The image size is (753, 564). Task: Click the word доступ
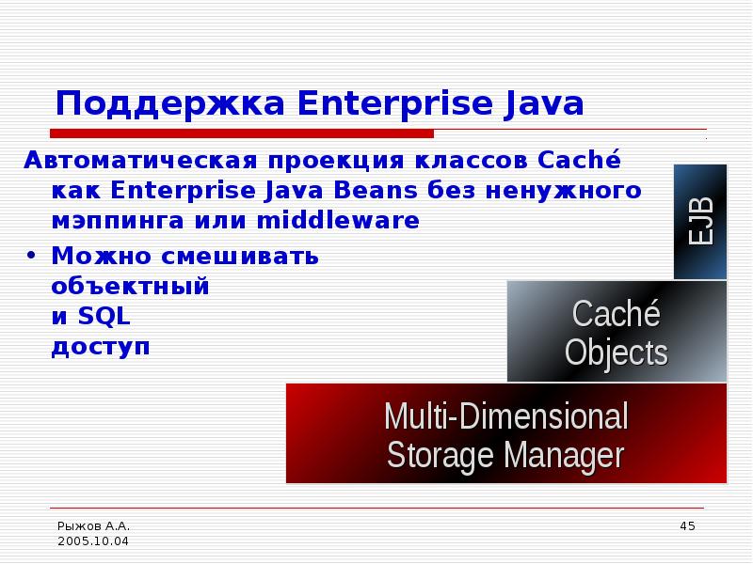click(101, 348)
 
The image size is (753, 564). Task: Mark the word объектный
click(130, 287)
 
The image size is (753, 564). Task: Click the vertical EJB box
click(700, 222)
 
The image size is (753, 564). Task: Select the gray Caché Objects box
click(617, 331)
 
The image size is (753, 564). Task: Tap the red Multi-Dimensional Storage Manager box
click(505, 433)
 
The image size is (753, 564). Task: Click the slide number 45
click(686, 525)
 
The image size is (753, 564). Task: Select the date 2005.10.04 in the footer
click(93, 541)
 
